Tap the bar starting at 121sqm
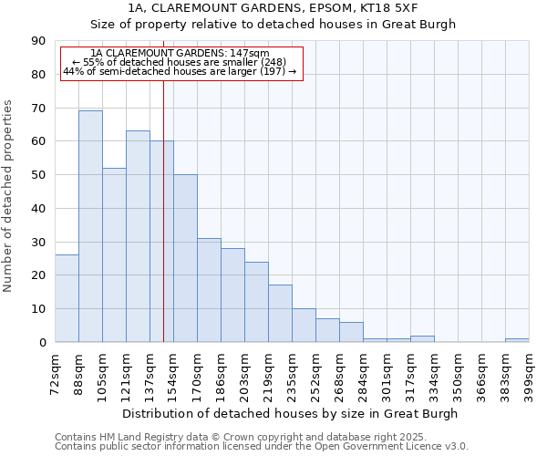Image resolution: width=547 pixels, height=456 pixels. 138,236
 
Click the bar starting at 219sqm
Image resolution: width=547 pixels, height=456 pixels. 280,314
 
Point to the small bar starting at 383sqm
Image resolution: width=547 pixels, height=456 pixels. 517,340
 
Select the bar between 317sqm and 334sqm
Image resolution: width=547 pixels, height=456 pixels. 422,338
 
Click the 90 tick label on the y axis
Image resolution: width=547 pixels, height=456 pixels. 38,41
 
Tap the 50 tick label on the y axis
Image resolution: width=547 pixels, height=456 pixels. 38,175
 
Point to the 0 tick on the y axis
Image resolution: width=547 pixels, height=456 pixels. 42,343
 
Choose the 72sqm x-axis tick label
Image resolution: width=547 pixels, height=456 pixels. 55,372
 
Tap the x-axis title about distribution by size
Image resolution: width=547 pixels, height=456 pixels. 290,413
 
